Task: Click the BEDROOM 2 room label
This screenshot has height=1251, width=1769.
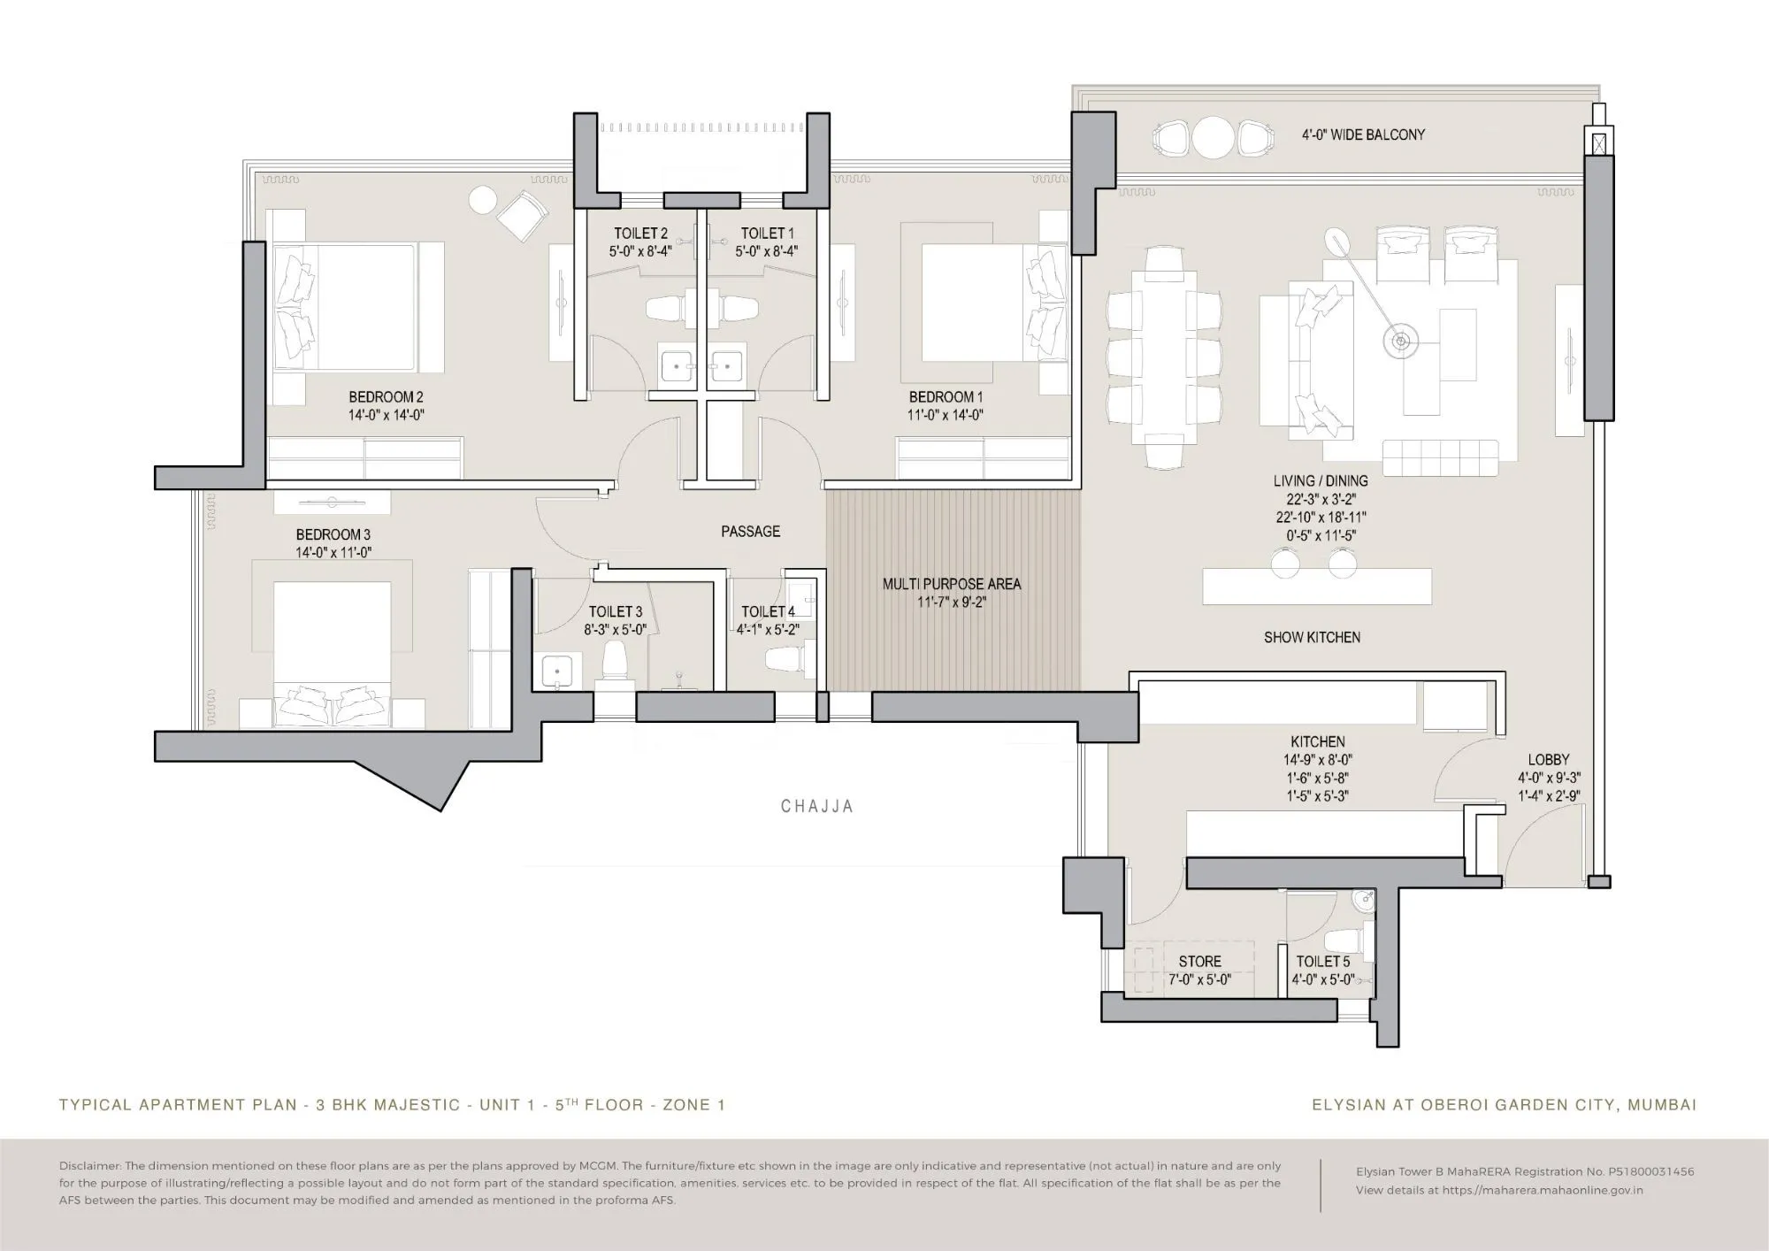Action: coord(386,397)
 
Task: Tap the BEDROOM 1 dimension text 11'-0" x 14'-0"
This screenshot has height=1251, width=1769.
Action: coord(946,415)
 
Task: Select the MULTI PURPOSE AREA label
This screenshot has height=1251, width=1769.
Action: coord(952,584)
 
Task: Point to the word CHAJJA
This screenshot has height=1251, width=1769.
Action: coord(817,807)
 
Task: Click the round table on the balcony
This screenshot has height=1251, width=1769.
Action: coord(1213,138)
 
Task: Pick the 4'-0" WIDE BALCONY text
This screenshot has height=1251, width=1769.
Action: coord(1363,134)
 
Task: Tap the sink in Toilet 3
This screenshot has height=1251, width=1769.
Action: coord(556,670)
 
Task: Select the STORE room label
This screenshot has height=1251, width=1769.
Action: coord(1199,962)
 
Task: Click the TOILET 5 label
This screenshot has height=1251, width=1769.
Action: coord(1323,962)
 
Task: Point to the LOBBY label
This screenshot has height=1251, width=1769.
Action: coord(1549,760)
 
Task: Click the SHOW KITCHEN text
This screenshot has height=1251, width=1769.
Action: coord(1312,637)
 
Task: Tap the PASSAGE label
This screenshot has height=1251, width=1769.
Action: coord(750,532)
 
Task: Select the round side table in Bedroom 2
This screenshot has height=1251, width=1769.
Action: coord(483,200)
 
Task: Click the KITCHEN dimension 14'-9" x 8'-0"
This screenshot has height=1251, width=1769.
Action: coord(1318,760)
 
